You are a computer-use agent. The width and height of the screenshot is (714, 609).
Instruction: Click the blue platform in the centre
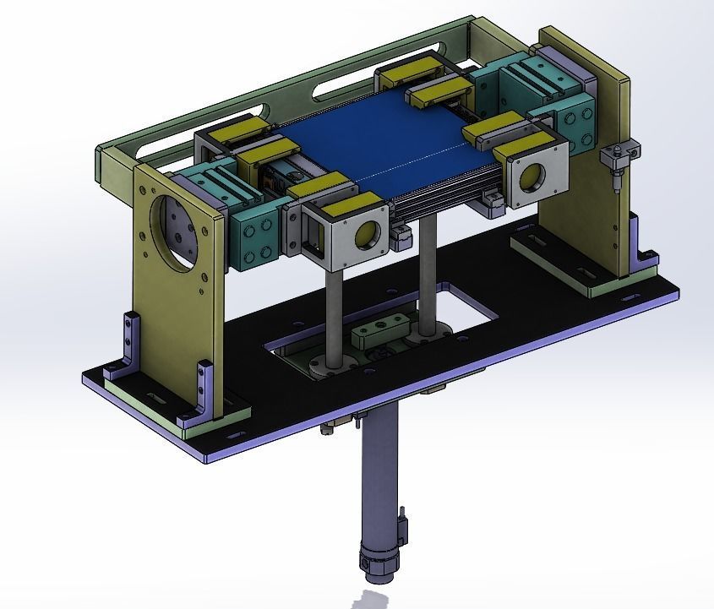pos(397,144)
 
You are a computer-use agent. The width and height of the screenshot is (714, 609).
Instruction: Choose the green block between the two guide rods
pos(380,329)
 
